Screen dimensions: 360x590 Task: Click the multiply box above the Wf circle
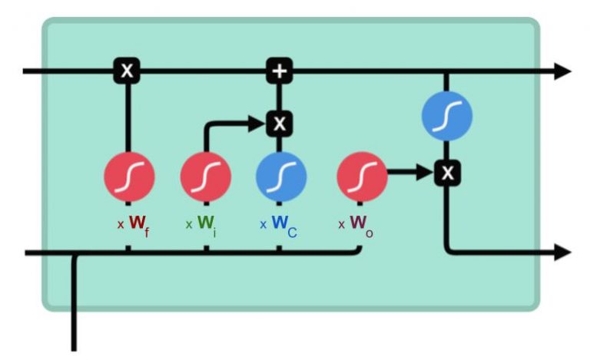[128, 71]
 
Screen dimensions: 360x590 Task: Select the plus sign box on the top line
[280, 71]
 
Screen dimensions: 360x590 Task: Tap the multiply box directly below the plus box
[280, 122]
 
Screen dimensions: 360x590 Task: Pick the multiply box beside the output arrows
[446, 173]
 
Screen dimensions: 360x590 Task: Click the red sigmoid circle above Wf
[129, 176]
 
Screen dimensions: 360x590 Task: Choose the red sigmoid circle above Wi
[205, 176]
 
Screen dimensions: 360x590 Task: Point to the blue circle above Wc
[280, 176]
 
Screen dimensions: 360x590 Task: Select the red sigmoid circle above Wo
[362, 176]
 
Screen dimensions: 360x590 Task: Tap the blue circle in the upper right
[446, 116]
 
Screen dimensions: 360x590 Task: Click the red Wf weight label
[139, 223]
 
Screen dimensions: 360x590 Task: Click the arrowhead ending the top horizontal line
[563, 71]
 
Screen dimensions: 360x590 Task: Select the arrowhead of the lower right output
[563, 252]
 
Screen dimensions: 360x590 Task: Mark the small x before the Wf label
[120, 225]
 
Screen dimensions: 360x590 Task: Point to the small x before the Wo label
[341, 225]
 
